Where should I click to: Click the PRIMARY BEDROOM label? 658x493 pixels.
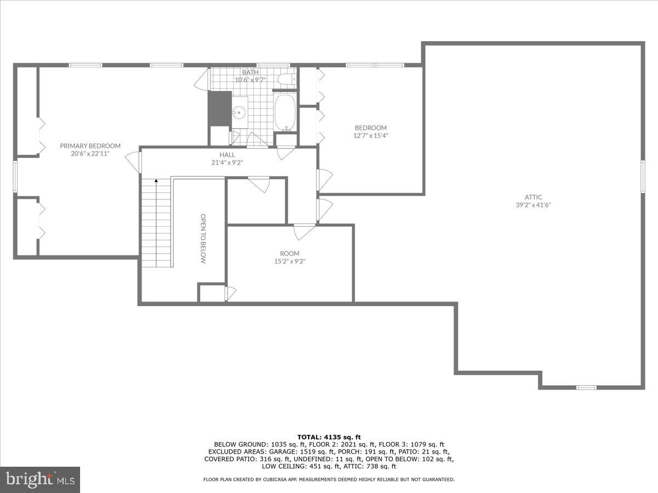tap(90, 146)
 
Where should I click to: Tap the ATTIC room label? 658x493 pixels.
tap(533, 197)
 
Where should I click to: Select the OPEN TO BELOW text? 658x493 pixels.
tap(202, 239)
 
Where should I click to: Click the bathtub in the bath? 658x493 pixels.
tap(285, 112)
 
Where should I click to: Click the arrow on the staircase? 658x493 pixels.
tap(156, 181)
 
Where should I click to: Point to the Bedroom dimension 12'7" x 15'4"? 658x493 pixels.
tap(371, 135)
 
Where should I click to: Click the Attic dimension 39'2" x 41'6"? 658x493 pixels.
tap(533, 205)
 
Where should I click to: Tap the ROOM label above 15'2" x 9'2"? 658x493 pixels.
tap(290, 254)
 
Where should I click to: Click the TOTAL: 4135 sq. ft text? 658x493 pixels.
tap(329, 437)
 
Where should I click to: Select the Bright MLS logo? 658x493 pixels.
tap(40, 479)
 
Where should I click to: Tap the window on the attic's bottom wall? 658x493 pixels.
tap(586, 387)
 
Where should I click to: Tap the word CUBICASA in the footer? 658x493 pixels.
tap(280, 479)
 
